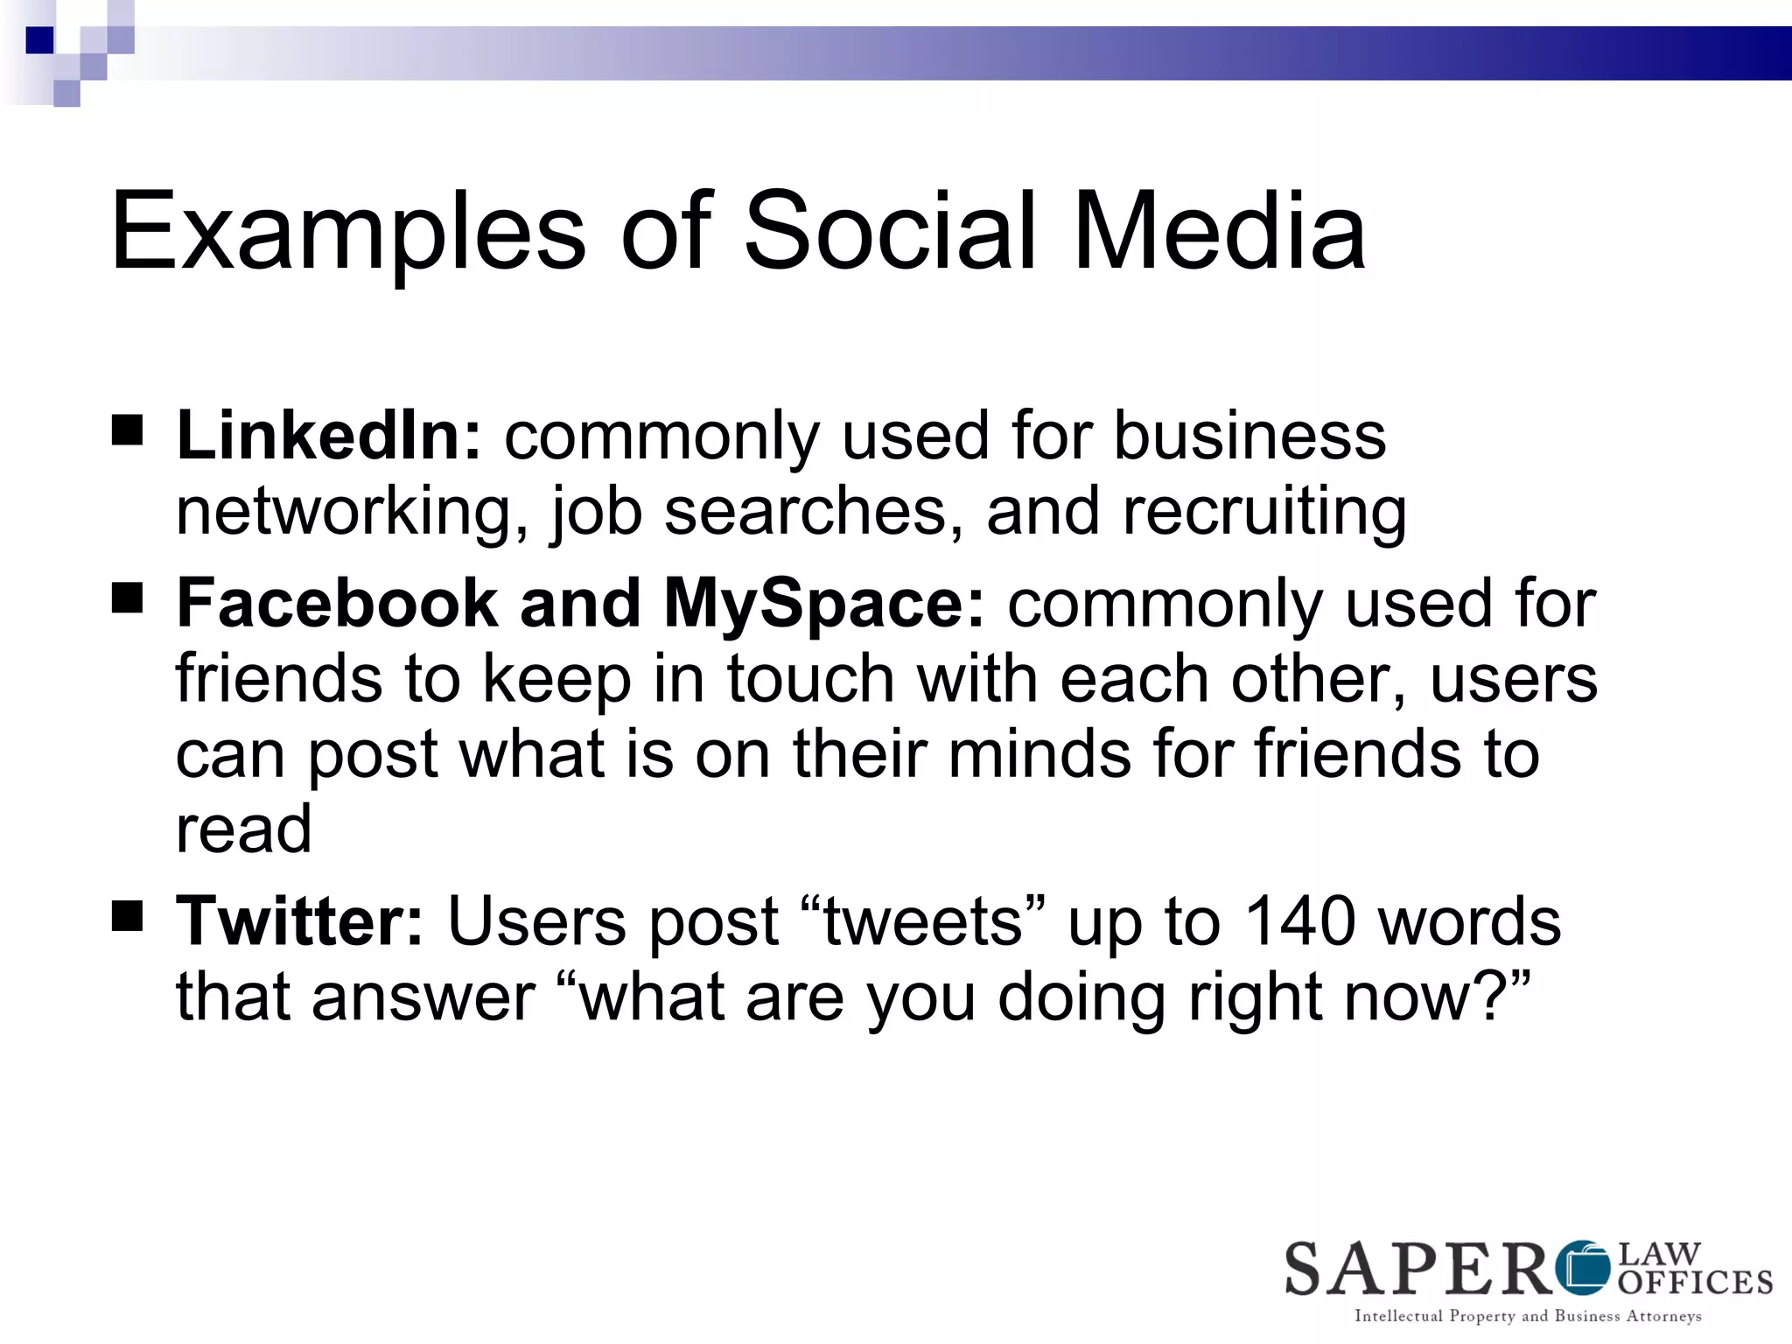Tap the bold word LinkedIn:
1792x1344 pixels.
pyautogui.click(x=329, y=435)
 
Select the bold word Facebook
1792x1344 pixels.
pyautogui.click(x=337, y=603)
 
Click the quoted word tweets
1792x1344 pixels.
pyautogui.click(x=923, y=921)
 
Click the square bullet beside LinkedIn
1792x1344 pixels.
pyautogui.click(x=128, y=431)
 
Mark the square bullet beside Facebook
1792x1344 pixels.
pyautogui.click(x=128, y=599)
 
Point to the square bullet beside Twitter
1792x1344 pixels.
pyautogui.click(x=128, y=917)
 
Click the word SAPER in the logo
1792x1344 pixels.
pyautogui.click(x=1417, y=1269)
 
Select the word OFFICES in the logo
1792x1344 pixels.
pyautogui.click(x=1695, y=1283)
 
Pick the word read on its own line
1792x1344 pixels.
pyautogui.click(x=243, y=829)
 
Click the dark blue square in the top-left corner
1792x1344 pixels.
pyautogui.click(x=40, y=40)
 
